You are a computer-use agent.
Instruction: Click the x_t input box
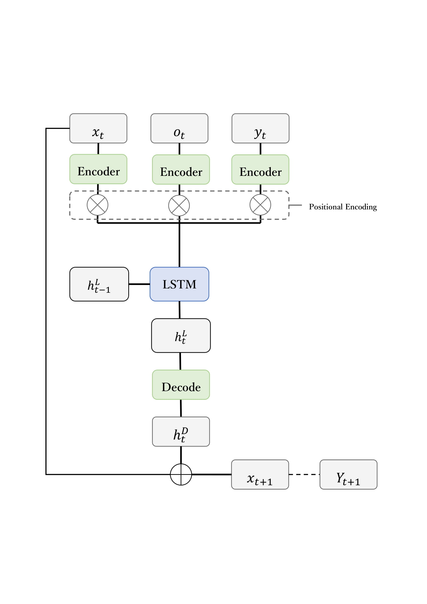point(98,128)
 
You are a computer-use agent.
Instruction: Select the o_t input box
point(179,128)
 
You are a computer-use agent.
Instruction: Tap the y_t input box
point(260,128)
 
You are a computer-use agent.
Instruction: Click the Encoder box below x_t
point(98,169)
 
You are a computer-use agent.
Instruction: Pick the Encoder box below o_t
point(181,169)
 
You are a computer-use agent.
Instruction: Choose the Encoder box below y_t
point(260,169)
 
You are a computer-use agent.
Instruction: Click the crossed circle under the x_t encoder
point(98,205)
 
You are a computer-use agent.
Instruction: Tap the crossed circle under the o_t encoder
point(179,206)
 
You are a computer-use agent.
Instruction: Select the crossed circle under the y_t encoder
point(260,205)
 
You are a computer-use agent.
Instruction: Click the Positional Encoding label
point(343,207)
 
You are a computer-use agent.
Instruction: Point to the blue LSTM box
point(179,284)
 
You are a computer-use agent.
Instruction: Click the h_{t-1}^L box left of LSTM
point(99,284)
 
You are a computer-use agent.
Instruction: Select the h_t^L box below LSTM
point(181,335)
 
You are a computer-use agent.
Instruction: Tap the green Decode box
point(181,385)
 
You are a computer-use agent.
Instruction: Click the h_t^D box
point(181,432)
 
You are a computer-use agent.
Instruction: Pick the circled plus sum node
point(181,474)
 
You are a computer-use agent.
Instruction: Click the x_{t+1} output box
point(260,474)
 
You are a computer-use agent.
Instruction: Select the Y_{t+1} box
point(348,474)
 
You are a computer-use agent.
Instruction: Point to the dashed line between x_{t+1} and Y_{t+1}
point(304,474)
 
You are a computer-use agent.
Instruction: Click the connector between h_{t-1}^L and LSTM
point(139,284)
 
